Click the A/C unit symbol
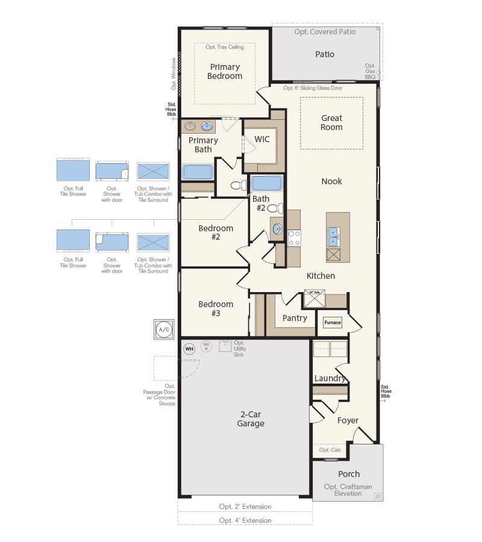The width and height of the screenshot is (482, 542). pyautogui.click(x=164, y=329)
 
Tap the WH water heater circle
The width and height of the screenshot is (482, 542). pyautogui.click(x=189, y=348)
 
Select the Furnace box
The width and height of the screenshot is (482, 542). pyautogui.click(x=333, y=322)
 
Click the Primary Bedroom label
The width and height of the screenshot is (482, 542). pyautogui.click(x=225, y=72)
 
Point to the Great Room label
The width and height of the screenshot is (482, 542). pyautogui.click(x=331, y=123)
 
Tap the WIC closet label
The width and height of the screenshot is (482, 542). pyautogui.click(x=262, y=139)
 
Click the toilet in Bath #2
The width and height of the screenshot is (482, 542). pyautogui.click(x=275, y=208)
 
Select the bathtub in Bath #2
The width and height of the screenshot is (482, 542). pyautogui.click(x=266, y=183)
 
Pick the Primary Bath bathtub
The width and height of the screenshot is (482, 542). pyautogui.click(x=198, y=172)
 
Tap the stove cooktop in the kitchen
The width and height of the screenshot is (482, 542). pyautogui.click(x=294, y=238)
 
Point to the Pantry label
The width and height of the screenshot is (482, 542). pyautogui.click(x=295, y=318)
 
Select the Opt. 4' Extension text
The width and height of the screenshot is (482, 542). pyautogui.click(x=245, y=520)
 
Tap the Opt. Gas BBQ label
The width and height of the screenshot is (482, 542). pyautogui.click(x=370, y=71)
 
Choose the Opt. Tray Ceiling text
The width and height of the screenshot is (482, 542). pyautogui.click(x=225, y=47)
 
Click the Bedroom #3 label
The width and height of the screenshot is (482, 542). pyautogui.click(x=216, y=309)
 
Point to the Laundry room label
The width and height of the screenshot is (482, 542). pyautogui.click(x=330, y=378)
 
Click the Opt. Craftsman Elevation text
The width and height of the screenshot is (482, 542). pyautogui.click(x=348, y=490)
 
